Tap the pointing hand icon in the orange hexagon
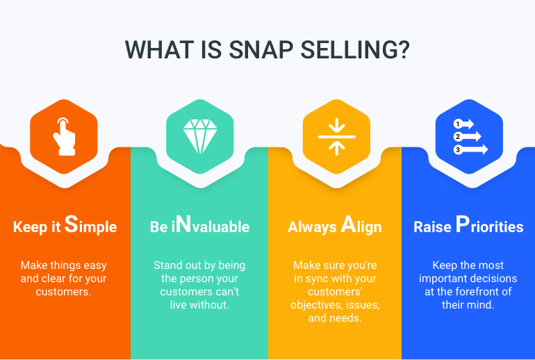click(64, 136)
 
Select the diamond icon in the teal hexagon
click(199, 136)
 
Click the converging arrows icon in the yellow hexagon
click(336, 136)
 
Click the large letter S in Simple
click(71, 225)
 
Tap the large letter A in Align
click(348, 225)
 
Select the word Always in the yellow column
click(312, 227)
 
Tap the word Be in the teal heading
click(158, 227)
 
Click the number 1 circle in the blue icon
click(458, 124)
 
